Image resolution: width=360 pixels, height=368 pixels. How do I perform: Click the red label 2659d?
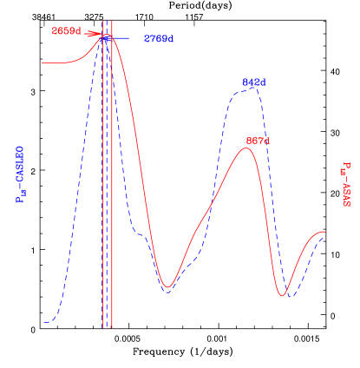(66, 31)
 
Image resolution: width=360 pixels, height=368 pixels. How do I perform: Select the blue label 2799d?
(159, 39)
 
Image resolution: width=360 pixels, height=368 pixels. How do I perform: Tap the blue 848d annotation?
(254, 82)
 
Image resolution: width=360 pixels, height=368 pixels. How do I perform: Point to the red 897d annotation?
(258, 140)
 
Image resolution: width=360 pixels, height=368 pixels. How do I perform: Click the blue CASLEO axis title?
(20, 174)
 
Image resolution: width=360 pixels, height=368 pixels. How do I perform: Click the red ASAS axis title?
(345, 184)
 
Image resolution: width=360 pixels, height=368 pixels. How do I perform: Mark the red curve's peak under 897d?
(247, 148)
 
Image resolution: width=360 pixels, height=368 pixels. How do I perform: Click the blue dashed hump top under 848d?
(250, 89)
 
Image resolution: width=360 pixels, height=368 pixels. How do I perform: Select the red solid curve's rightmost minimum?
(283, 296)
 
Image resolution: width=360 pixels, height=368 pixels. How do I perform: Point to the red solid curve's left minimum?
(169, 287)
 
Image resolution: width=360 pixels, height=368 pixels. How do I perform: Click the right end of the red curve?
(325, 232)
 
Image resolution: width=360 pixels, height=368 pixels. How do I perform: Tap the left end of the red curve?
(43, 62)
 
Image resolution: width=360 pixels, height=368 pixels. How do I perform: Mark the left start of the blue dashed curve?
(43, 323)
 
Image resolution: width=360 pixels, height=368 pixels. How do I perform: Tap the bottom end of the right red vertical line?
(112, 329)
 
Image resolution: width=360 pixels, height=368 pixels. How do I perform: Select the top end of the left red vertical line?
(103, 21)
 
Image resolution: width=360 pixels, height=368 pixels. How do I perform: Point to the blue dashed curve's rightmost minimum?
(293, 296)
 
